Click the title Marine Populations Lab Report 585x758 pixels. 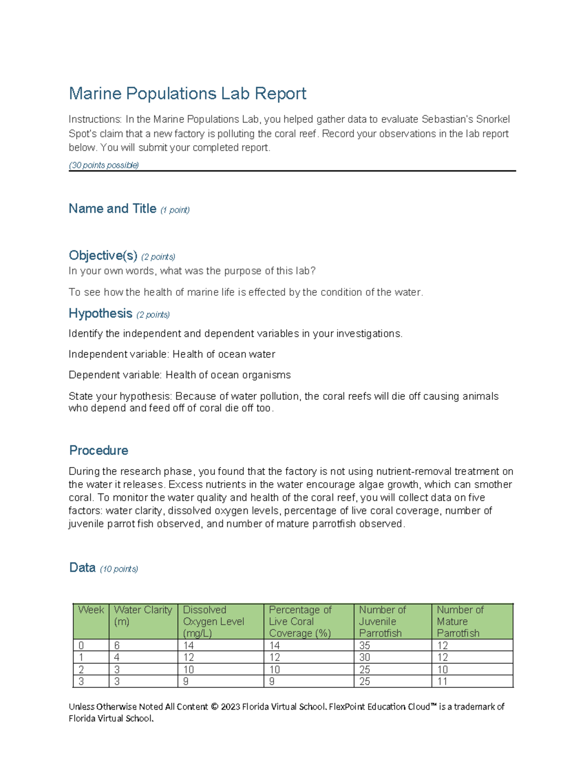tap(187, 93)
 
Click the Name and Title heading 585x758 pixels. tap(112, 209)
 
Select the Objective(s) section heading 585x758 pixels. tap(103, 255)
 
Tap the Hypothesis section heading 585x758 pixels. tap(100, 313)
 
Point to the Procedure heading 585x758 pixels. tap(98, 450)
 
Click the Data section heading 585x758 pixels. tap(82, 568)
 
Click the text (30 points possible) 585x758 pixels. tap(104, 165)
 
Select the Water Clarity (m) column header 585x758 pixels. tap(143, 615)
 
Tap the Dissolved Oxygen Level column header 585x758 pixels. tap(214, 621)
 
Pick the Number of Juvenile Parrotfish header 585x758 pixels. tap(382, 621)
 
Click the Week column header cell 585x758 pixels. tap(91, 610)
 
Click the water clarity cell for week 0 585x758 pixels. tap(117, 645)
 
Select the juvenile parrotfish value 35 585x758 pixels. tap(365, 645)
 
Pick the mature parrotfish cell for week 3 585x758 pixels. tap(442, 681)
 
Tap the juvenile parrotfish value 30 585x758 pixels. tap(365, 657)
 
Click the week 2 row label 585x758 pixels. tap(81, 670)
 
